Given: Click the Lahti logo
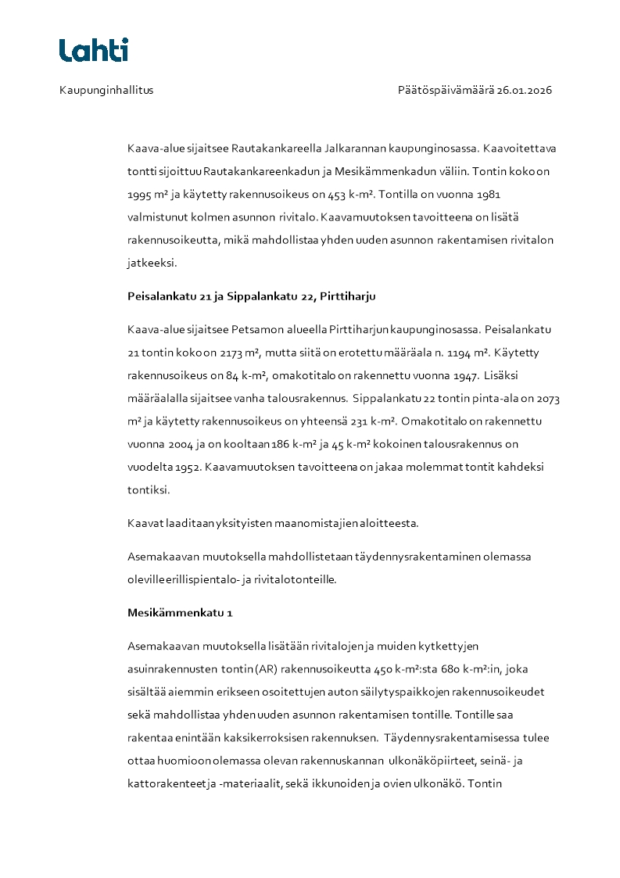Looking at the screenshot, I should click(x=94, y=50).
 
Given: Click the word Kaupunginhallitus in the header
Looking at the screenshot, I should click(x=106, y=90).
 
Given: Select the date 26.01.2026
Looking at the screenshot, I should click(x=525, y=90).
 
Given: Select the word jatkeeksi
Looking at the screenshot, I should click(x=152, y=263).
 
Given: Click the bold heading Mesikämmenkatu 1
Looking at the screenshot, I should click(x=180, y=613).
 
